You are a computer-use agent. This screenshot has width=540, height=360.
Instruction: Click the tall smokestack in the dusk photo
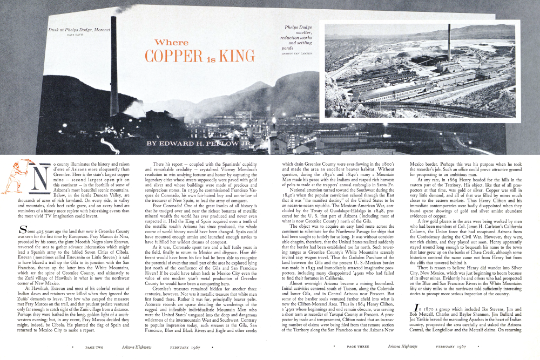(114, 65)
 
